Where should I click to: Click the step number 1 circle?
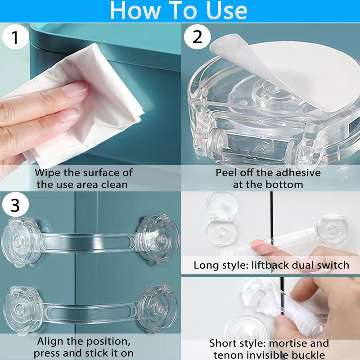click(x=15, y=37)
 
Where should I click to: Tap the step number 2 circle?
click(x=197, y=37)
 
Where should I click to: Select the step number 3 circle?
click(x=15, y=205)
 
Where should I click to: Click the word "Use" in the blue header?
click(x=227, y=10)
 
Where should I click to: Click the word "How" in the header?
click(x=135, y=10)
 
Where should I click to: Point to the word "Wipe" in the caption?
click(x=48, y=172)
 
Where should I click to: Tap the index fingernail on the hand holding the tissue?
click(x=75, y=89)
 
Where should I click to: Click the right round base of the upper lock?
click(x=159, y=239)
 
